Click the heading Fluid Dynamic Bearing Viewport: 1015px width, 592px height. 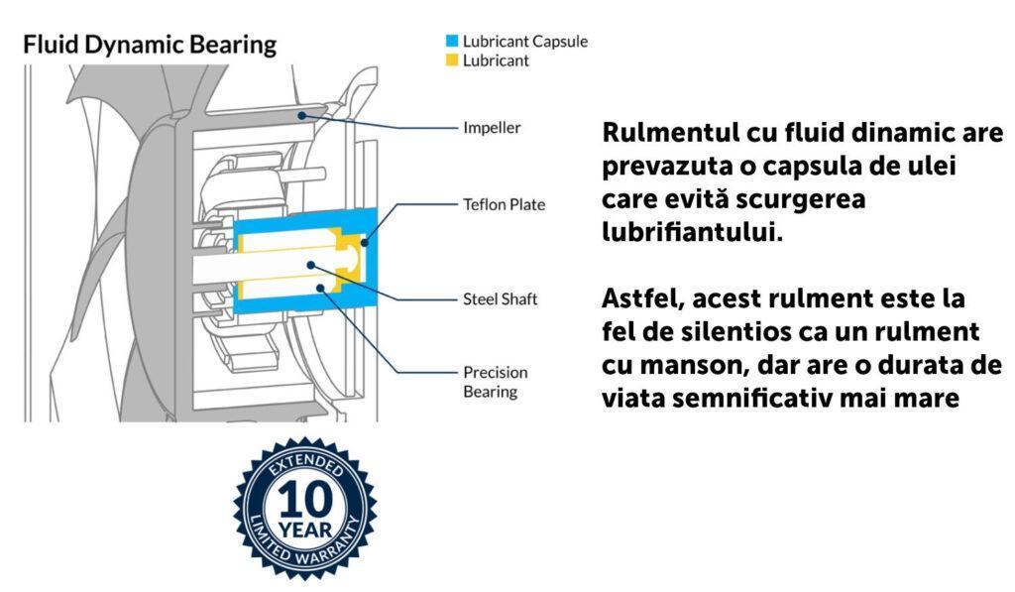(150, 46)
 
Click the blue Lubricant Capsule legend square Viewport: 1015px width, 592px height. (452, 42)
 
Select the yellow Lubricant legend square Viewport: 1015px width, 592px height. (452, 60)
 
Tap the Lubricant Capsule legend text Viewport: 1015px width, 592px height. (525, 42)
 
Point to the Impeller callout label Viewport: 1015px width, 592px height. (492, 128)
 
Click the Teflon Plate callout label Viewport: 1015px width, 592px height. (505, 204)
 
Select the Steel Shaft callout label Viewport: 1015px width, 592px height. (501, 298)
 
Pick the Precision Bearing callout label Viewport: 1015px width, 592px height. (496, 382)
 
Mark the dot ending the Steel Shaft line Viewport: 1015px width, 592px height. (311, 265)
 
